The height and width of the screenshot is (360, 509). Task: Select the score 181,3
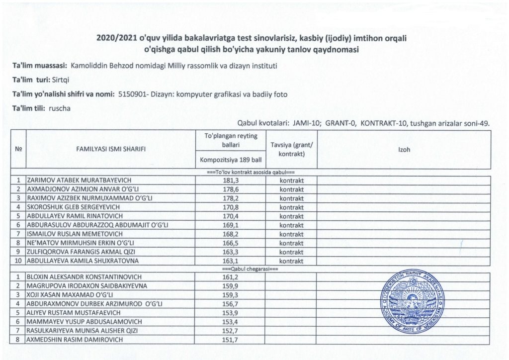tap(230, 180)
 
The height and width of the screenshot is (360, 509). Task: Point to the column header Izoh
tap(404, 149)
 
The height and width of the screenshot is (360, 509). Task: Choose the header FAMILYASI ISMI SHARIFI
tap(110, 149)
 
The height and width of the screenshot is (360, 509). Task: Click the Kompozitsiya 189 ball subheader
tap(230, 160)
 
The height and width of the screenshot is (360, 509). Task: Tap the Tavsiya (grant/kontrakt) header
tap(291, 149)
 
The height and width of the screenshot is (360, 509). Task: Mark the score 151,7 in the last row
tap(230, 340)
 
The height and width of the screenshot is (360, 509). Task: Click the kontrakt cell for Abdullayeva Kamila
tap(291, 260)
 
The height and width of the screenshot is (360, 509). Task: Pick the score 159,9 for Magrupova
tap(230, 285)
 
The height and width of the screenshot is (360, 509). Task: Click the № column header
tap(18, 149)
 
